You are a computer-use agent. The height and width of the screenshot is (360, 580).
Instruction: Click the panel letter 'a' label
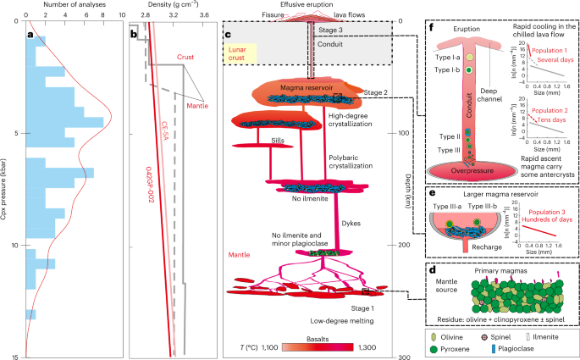coord(31,35)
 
